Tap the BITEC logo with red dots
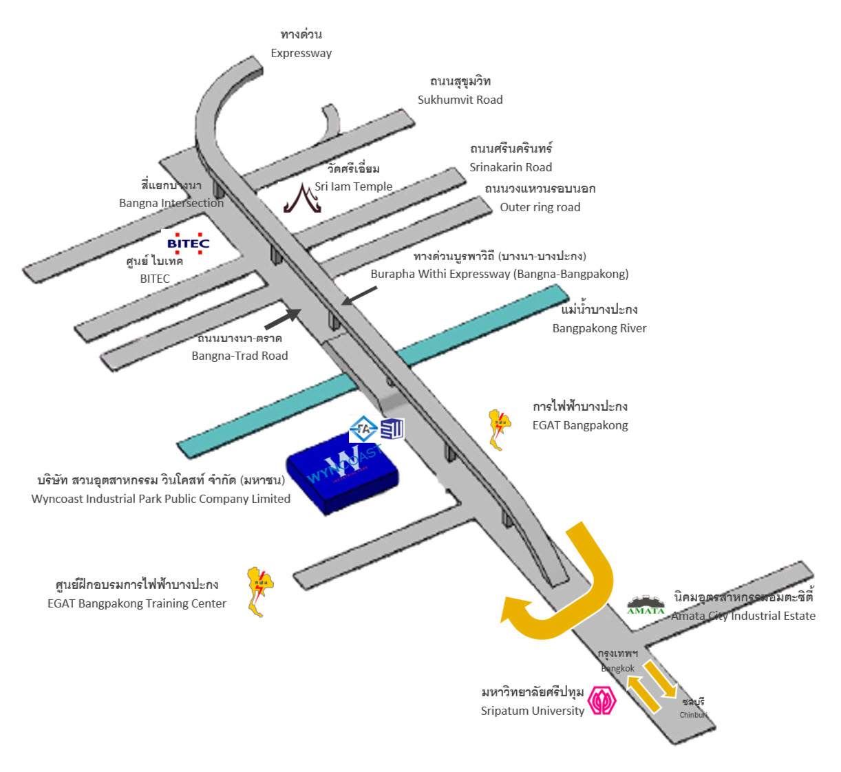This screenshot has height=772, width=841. coord(188,243)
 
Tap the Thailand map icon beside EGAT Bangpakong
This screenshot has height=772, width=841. coord(498,429)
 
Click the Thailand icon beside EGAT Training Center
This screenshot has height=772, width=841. coord(259,591)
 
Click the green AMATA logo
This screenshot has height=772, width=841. coord(646,605)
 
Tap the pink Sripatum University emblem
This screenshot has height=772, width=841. coord(602,700)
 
